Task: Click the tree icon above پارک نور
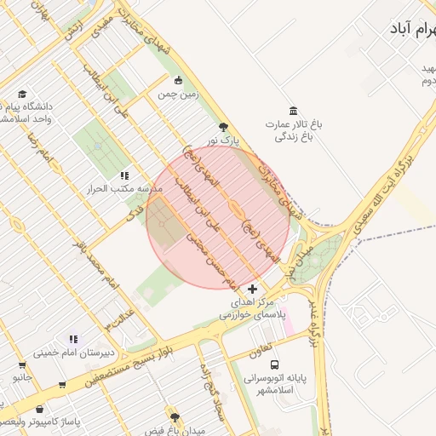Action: tap(223, 126)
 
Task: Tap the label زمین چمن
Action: tap(177, 95)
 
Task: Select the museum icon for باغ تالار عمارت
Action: tap(294, 111)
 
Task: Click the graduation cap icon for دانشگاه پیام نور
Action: tap(22, 95)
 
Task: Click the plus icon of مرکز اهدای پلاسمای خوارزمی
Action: tap(251, 290)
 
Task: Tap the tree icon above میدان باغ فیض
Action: tap(175, 417)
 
